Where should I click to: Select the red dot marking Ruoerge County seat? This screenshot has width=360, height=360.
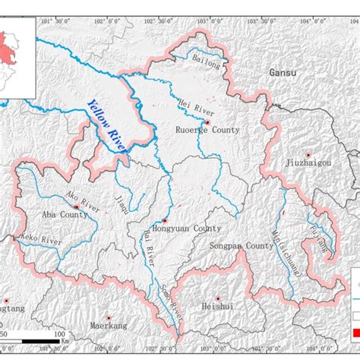click(207, 121)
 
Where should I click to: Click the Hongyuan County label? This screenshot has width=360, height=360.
click(185, 228)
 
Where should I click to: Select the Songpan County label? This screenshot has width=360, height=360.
click(240, 246)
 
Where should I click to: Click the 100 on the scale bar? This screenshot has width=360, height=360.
click(59, 333)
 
